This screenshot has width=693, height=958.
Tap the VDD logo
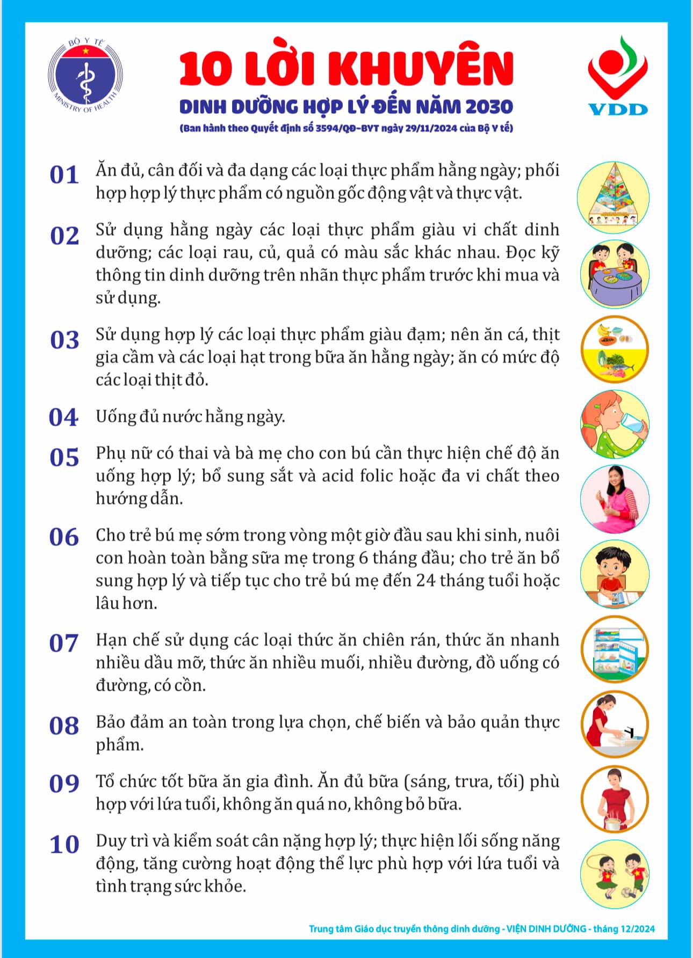[617, 75]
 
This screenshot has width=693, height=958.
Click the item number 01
[64, 175]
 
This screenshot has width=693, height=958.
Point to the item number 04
[63, 417]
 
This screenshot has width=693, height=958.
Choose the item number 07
[63, 642]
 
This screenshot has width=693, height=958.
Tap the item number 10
[64, 844]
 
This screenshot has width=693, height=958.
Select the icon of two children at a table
[615, 274]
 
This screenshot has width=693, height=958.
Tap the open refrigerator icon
[615, 649]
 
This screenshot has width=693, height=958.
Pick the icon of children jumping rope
[615, 874]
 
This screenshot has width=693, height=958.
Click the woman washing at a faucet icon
[615, 725]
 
